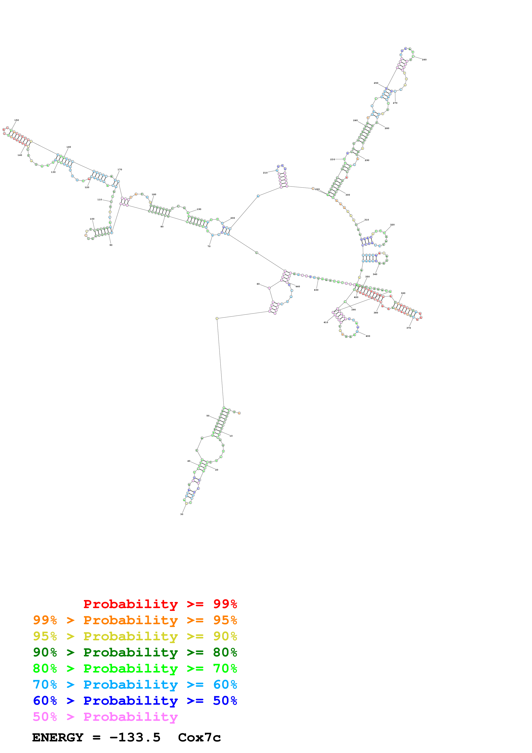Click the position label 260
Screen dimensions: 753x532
[x=424, y=60]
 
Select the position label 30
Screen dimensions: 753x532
[x=182, y=514]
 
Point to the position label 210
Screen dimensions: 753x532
[x=265, y=173]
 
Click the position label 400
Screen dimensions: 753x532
[x=368, y=336]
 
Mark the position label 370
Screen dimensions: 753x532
[x=408, y=328]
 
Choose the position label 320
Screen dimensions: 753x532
[x=392, y=225]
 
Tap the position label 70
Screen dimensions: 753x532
[x=209, y=246]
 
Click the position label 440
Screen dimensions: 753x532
[x=298, y=287]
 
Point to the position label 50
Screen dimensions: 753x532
[x=208, y=416]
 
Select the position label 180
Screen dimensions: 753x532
[x=154, y=194]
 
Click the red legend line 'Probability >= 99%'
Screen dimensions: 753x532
[x=160, y=604]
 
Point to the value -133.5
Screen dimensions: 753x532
[x=135, y=738]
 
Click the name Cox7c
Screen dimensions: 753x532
[x=199, y=738]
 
